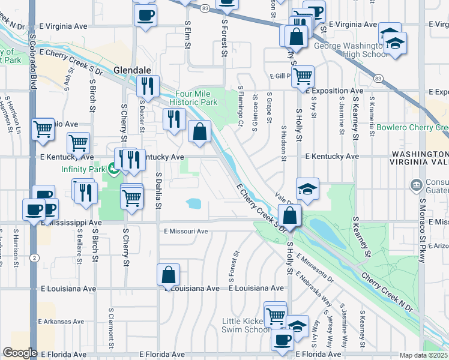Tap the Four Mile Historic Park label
point(196,98)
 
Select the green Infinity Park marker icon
point(112,170)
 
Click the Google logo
point(19,353)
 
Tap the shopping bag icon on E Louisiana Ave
point(169,275)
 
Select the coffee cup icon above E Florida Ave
point(282,339)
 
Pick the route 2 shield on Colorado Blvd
point(35,257)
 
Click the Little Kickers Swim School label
point(246,325)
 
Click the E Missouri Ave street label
point(185,232)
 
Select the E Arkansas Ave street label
point(62,322)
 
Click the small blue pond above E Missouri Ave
point(194,203)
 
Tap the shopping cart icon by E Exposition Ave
point(303,76)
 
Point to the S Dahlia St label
point(158,191)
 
